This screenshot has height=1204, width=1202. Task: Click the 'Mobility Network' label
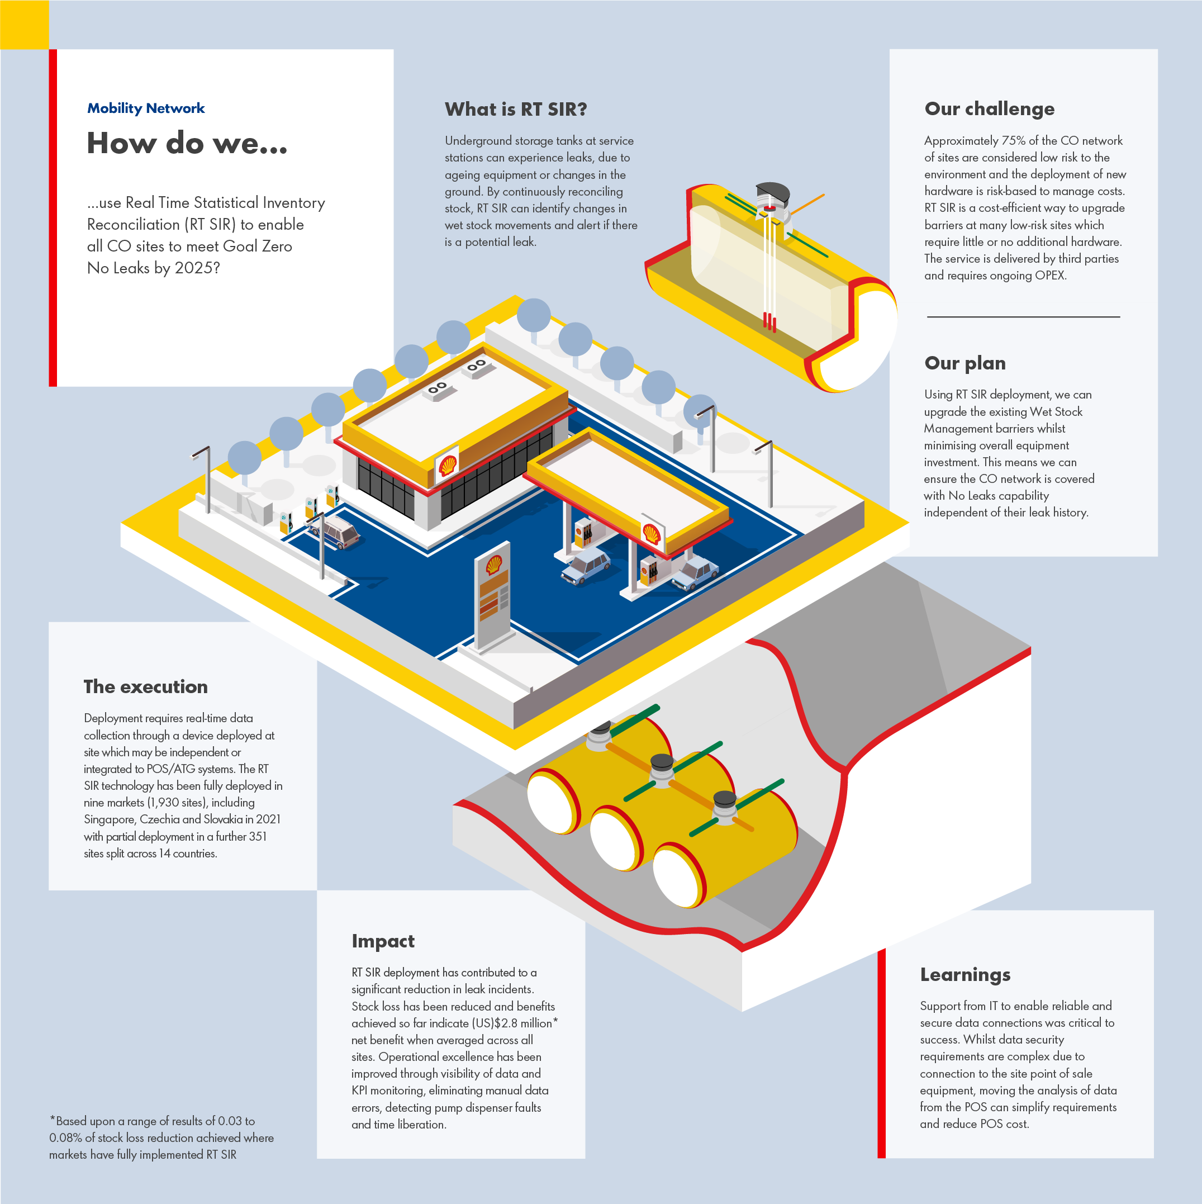pos(146,108)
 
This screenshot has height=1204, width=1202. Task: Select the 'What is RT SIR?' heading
pos(516,110)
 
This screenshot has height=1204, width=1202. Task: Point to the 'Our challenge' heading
pos(990,109)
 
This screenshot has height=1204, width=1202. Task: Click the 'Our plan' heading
pos(965,363)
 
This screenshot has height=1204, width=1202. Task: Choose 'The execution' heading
pos(146,687)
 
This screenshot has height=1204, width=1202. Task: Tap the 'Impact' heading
pos(383,941)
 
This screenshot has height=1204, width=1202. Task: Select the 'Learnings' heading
pos(965,975)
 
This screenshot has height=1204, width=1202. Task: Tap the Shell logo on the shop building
pos(448,465)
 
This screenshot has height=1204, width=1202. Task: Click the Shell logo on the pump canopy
pos(652,534)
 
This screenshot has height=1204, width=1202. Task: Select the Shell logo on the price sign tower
pos(494,565)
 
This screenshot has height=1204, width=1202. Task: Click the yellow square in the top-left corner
pos(24,24)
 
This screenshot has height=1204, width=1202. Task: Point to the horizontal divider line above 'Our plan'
pos(1023,316)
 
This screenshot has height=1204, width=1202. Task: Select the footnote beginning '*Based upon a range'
pos(161,1138)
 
